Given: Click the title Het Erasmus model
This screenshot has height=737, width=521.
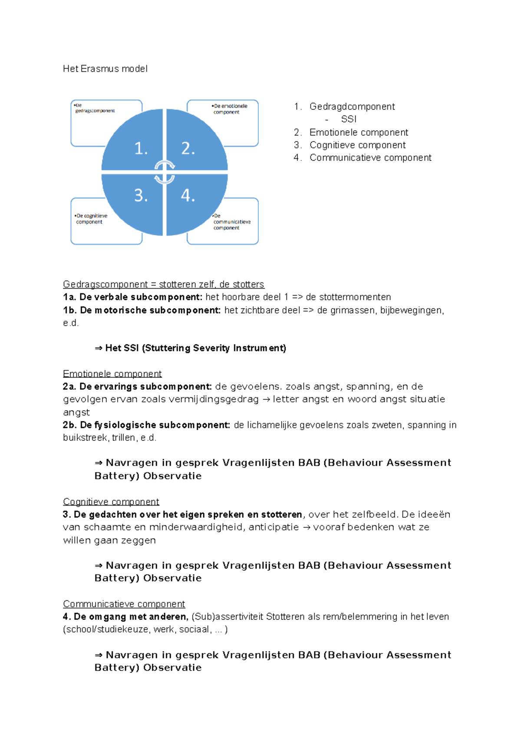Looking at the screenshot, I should [x=105, y=69].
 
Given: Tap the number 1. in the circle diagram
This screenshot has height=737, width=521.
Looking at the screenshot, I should [x=141, y=149].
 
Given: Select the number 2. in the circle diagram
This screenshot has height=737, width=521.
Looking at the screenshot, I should [x=188, y=149].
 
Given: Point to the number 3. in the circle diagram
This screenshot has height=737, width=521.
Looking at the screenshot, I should [x=141, y=196].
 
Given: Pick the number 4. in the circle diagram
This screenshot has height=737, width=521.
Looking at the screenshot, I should [x=188, y=196].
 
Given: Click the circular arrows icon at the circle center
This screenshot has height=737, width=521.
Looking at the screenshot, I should [x=165, y=172].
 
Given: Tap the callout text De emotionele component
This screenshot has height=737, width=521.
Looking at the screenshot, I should [x=230, y=109].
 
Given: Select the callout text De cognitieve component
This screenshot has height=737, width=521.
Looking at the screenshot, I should [x=91, y=219].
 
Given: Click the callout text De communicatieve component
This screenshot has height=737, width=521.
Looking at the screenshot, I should [x=231, y=222].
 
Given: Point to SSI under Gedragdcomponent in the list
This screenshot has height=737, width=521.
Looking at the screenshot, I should [x=349, y=119].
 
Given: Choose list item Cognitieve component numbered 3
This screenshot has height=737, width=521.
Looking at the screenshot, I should [x=357, y=145].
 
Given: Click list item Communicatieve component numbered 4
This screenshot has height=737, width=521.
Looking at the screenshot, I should [x=370, y=158].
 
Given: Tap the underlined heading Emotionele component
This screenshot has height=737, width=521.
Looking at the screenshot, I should [x=112, y=374].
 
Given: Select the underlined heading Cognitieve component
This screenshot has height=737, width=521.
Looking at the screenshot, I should [x=111, y=502].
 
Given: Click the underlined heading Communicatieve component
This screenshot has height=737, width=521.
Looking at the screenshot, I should [x=124, y=604].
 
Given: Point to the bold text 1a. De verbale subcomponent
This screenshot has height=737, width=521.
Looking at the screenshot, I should [x=132, y=297].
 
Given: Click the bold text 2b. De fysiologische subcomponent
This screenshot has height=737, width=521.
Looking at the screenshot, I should [x=146, y=425].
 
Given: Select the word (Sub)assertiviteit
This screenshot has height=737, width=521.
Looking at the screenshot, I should [x=227, y=617].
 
